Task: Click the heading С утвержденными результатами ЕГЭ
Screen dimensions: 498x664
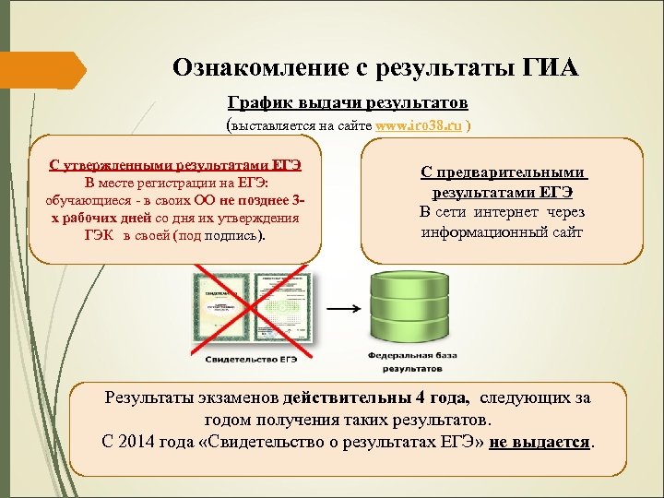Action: point(175,165)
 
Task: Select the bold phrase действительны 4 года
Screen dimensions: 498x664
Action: point(378,398)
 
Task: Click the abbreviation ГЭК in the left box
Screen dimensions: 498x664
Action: point(99,235)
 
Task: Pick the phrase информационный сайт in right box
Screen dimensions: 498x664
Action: point(502,231)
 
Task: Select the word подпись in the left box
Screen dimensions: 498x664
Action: point(231,235)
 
